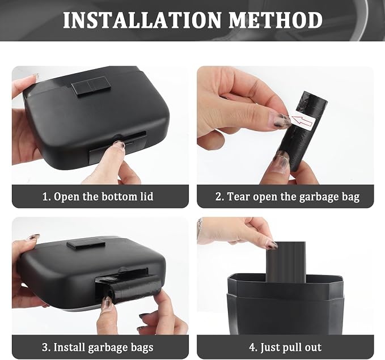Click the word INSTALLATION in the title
coord(142,20)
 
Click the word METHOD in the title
coord(276,20)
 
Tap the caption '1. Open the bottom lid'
coord(98,197)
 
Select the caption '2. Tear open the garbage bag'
coord(287,197)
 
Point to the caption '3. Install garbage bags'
coord(98,347)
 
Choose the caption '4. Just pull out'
coord(285,347)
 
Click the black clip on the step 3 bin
coord(86,244)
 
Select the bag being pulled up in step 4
coord(286,261)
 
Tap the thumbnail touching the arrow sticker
coord(281,120)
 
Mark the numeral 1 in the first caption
coord(45,197)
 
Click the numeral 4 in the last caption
coord(252,348)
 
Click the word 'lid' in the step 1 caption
coord(147,197)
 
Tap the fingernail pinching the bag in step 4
coord(272,245)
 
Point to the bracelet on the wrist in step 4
coord(200,227)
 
